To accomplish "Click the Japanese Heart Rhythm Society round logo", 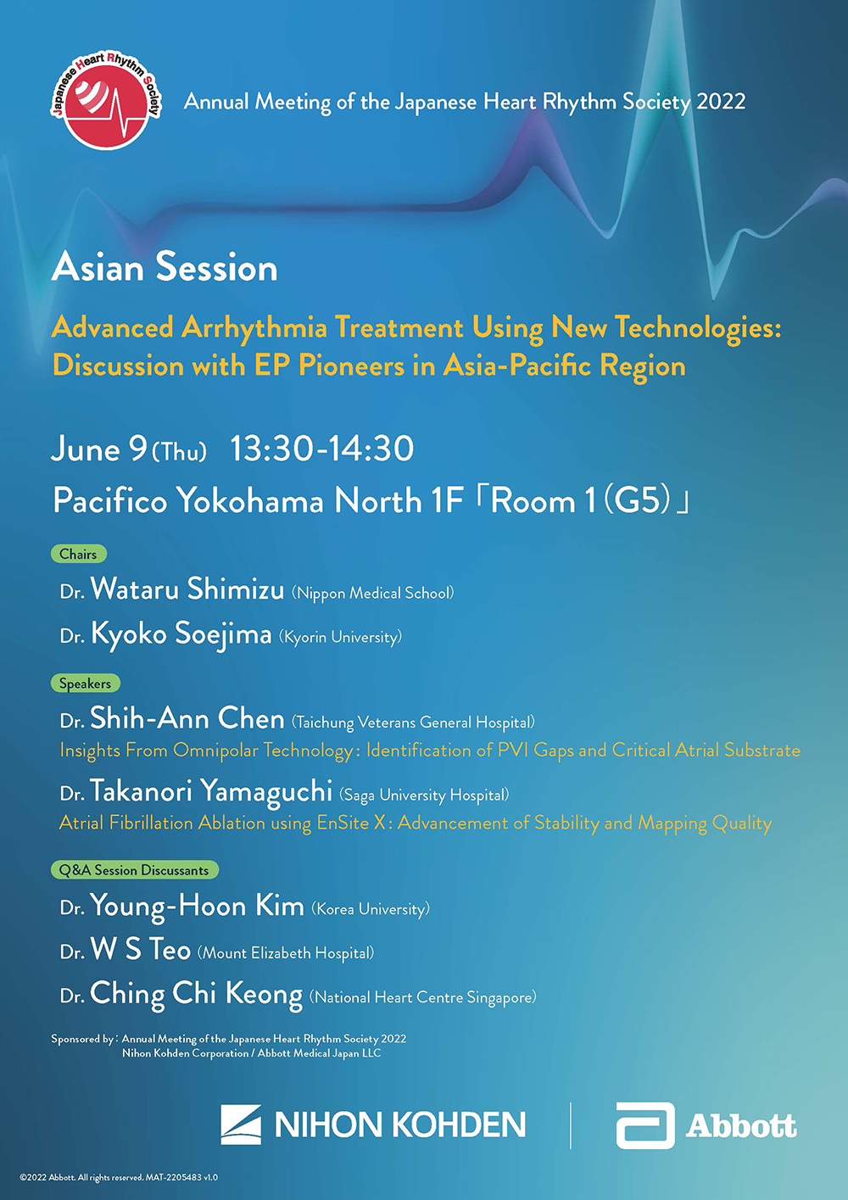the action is (106, 100).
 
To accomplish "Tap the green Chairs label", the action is (79, 554).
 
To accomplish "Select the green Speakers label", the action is (85, 684).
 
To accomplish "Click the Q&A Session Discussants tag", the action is (135, 870).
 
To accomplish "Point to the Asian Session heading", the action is (165, 267).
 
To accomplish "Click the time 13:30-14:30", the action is (322, 449).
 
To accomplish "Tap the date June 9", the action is (99, 449).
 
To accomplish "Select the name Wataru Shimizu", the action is (187, 589).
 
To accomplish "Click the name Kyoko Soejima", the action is (181, 633).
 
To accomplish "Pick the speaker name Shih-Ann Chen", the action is (187, 717).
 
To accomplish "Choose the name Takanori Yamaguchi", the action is (211, 792).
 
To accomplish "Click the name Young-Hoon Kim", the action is (197, 907).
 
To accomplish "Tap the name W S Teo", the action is (141, 949).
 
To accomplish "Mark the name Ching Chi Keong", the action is (196, 994).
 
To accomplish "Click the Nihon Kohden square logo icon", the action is (241, 1124).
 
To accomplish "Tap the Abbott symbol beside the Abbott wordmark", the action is (645, 1125).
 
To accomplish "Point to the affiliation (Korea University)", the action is (371, 909).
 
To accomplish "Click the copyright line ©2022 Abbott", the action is (119, 1177).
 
